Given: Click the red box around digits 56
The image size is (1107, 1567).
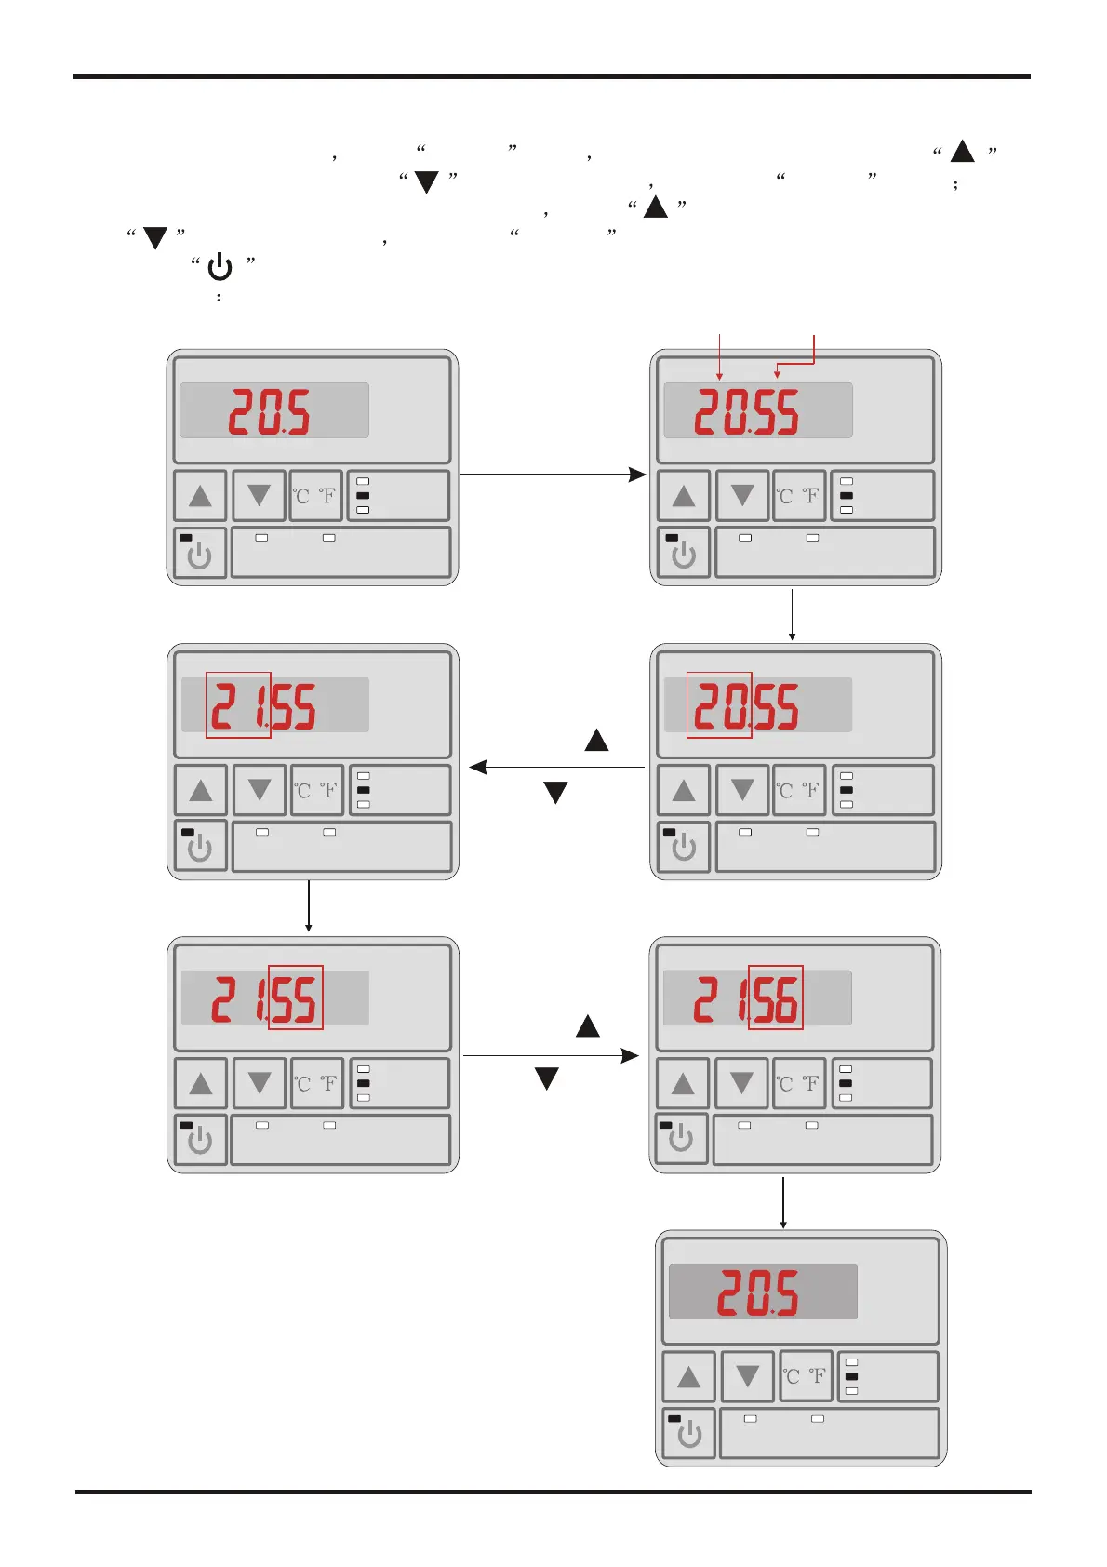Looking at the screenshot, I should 775,997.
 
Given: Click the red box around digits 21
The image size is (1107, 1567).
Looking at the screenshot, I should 238,704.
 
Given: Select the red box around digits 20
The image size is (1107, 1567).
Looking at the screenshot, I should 719,704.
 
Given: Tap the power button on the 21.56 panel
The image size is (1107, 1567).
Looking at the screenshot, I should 681,1138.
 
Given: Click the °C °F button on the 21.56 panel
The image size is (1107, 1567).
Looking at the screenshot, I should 799,1083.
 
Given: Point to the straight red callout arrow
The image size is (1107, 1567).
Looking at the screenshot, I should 719,356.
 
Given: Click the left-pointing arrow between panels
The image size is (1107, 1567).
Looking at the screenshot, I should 556,768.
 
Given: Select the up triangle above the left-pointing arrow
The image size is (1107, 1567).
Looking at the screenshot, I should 596,741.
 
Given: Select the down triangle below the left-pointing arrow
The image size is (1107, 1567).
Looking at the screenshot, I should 555,793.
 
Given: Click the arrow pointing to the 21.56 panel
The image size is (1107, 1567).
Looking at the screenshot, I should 551,1055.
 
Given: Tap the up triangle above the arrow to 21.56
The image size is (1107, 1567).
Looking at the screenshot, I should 588,1026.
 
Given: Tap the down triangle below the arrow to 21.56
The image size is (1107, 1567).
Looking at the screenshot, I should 546,1079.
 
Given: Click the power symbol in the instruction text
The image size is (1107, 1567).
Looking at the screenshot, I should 220,268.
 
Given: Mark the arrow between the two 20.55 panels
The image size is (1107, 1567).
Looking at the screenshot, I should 792,614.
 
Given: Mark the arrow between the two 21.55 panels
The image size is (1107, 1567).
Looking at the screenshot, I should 308,906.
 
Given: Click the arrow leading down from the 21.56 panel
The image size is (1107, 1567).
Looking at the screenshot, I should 783,1202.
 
